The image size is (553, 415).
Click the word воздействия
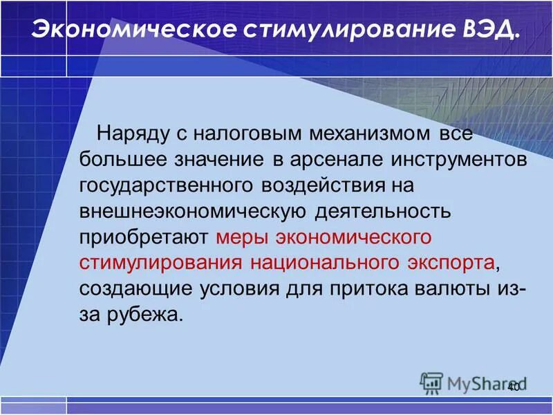point(325,185)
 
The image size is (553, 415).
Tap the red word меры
point(241,237)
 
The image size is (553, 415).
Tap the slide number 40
point(513,387)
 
